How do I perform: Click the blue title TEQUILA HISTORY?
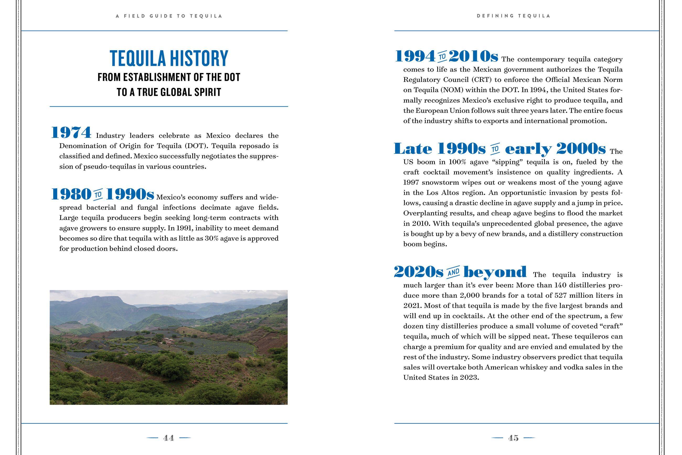pos(169,58)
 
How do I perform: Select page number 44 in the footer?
pos(169,438)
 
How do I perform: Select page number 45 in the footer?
pos(513,438)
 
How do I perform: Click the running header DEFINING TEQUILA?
pos(513,16)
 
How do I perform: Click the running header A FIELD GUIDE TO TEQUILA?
pos(169,16)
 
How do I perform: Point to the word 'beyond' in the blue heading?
pos(495,272)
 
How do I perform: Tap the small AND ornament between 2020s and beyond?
pos(453,272)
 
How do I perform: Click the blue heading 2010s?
pos(473,56)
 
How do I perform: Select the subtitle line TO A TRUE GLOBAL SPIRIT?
pos(169,92)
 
